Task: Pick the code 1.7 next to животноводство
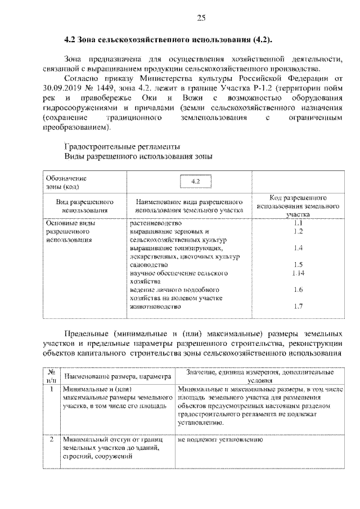coord(298,307)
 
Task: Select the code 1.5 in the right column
coord(298,264)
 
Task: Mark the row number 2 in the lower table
coord(51,439)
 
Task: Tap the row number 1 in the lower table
coord(51,389)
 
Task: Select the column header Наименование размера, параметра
coord(116,376)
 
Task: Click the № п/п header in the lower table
coord(51,376)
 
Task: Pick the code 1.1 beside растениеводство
coord(298,223)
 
